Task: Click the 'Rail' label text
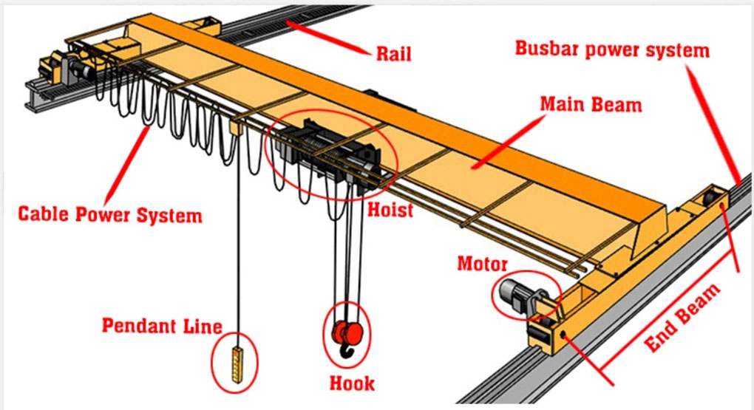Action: [x=393, y=53]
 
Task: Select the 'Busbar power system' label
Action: [x=612, y=49]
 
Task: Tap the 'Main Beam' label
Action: [x=591, y=104]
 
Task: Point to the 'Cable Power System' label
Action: [x=110, y=214]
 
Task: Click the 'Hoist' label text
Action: [x=390, y=210]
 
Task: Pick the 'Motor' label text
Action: [x=482, y=264]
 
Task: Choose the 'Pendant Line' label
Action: [x=162, y=326]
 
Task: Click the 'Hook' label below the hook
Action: [x=352, y=383]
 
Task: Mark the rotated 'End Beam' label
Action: [x=682, y=318]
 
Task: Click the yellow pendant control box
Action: [x=237, y=364]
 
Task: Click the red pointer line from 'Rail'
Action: [x=329, y=36]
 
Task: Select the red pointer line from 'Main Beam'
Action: [x=506, y=143]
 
